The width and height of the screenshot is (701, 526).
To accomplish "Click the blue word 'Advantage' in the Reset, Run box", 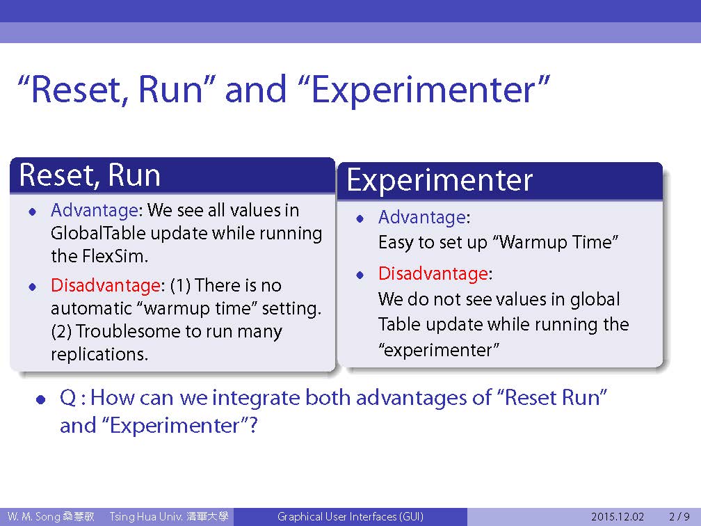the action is pos(95,210).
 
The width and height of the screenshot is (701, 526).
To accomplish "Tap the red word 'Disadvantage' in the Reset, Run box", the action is pos(106,285).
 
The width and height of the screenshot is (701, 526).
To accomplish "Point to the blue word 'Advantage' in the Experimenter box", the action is pos(422,217).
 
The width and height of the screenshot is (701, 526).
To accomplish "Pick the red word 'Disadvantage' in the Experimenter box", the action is pos(433,273).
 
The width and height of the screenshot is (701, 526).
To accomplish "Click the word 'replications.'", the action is pos(99,355).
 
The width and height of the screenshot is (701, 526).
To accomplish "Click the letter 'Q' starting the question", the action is pos(68,398).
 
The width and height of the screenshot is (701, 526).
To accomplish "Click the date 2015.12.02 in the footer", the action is pos(618,517).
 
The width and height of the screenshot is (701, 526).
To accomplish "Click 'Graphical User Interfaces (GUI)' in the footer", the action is pos(350,517).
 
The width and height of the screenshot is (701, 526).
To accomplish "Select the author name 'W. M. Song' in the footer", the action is pos(33,517).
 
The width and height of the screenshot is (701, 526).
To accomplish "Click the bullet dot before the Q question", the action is pos(41,399).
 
